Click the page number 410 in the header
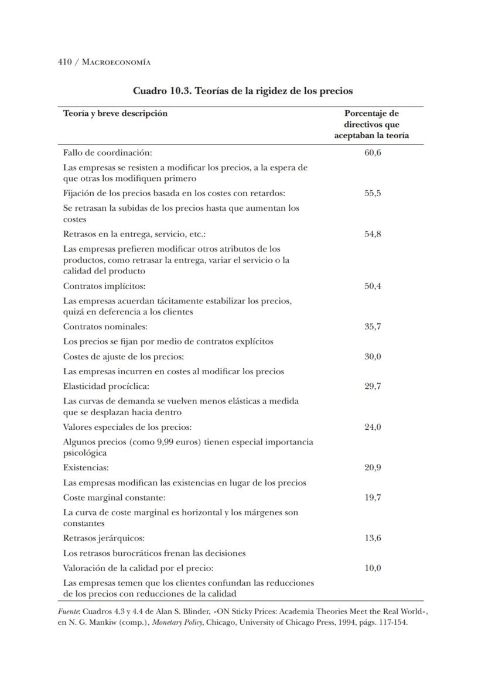(64, 61)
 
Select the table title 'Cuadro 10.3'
(162, 91)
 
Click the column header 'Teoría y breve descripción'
(115, 113)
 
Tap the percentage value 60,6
(373, 153)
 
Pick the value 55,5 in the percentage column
(373, 193)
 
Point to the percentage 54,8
(373, 234)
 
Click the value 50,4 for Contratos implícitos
(373, 286)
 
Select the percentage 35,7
(373, 326)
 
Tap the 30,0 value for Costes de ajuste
(373, 356)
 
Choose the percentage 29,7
(373, 386)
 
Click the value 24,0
(373, 427)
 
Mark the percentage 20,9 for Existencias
(373, 467)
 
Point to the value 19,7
(373, 497)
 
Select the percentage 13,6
(373, 538)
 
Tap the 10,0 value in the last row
(373, 567)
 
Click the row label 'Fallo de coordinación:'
(107, 153)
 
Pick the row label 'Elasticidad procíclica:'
(106, 386)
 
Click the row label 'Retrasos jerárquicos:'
(104, 538)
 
